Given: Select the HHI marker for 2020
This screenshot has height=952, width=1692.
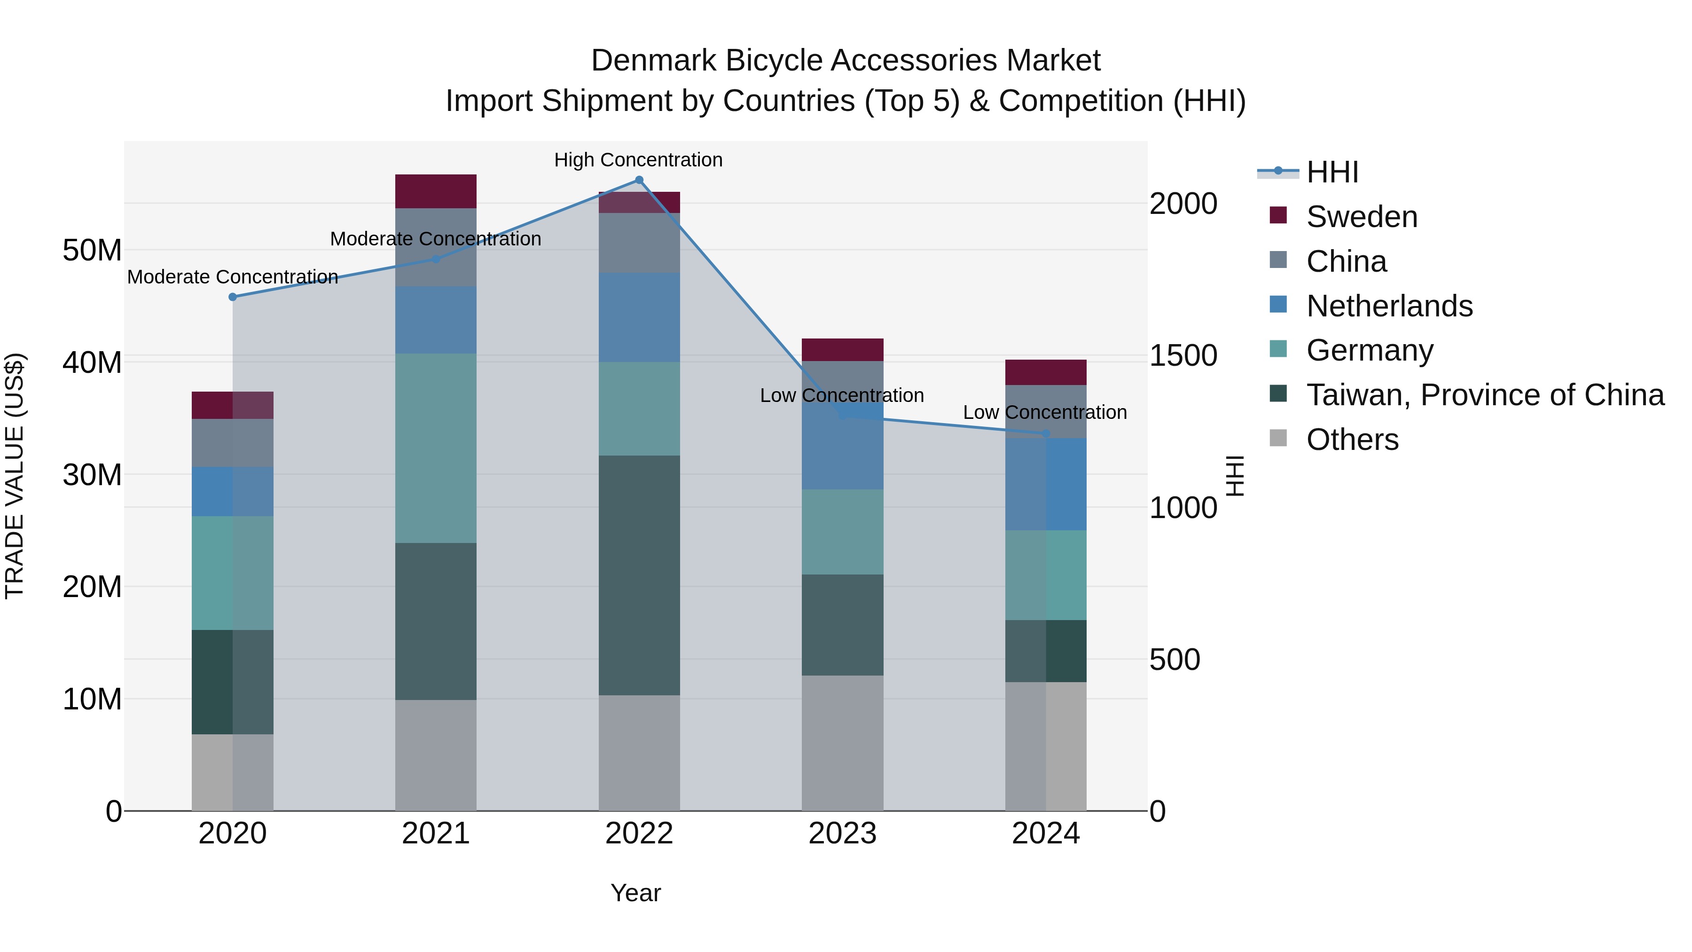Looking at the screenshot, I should [233, 297].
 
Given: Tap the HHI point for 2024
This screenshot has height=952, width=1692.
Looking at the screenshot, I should [1046, 433].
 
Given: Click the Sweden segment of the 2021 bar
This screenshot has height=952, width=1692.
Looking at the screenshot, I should [436, 191].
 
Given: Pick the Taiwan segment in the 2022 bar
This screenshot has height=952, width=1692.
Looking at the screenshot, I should [639, 575].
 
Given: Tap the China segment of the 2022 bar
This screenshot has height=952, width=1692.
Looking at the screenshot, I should [639, 243].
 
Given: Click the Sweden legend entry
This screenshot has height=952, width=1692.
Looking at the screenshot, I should [1362, 217].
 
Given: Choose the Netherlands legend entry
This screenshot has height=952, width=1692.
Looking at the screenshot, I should [1389, 306].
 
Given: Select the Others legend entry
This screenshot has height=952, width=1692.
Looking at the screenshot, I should [1352, 440].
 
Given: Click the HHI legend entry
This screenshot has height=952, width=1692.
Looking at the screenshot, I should [1332, 172].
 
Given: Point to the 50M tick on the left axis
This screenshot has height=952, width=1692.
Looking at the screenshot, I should [93, 250].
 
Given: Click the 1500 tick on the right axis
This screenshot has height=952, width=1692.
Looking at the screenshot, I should [1183, 355].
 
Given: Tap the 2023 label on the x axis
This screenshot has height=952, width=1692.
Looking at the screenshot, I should [842, 834].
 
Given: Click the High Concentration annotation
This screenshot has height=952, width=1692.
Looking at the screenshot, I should [638, 160].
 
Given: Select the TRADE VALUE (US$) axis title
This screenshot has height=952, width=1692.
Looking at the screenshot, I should [15, 476].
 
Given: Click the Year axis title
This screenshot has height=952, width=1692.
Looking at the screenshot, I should [635, 893].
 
